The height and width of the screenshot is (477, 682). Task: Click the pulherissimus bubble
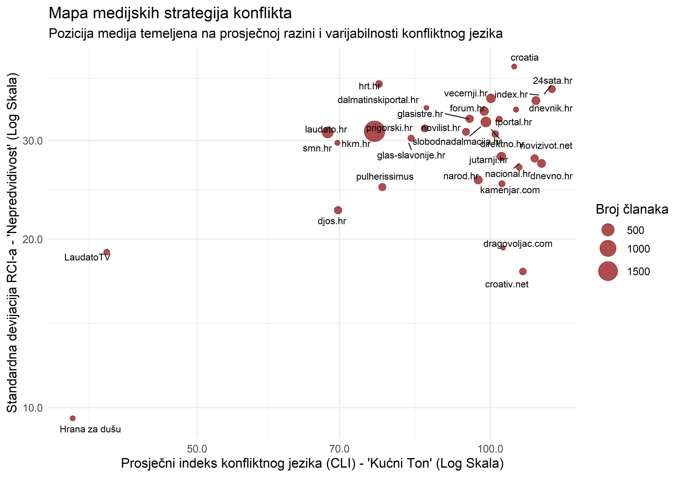tap(382, 187)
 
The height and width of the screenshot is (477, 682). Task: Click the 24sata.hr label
tap(552, 81)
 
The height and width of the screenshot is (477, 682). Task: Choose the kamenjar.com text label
tap(510, 190)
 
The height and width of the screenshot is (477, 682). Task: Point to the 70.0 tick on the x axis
tap(339, 449)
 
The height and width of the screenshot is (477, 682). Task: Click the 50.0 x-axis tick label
tap(197, 449)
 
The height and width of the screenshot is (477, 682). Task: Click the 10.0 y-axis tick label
tap(33, 408)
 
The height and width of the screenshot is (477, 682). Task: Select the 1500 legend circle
tap(608, 271)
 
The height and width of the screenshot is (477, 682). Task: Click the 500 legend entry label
tap(635, 230)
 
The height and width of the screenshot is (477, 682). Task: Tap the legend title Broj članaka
tap(632, 209)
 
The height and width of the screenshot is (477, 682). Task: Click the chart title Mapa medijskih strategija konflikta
tap(170, 13)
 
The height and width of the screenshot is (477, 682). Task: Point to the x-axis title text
tap(312, 463)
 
